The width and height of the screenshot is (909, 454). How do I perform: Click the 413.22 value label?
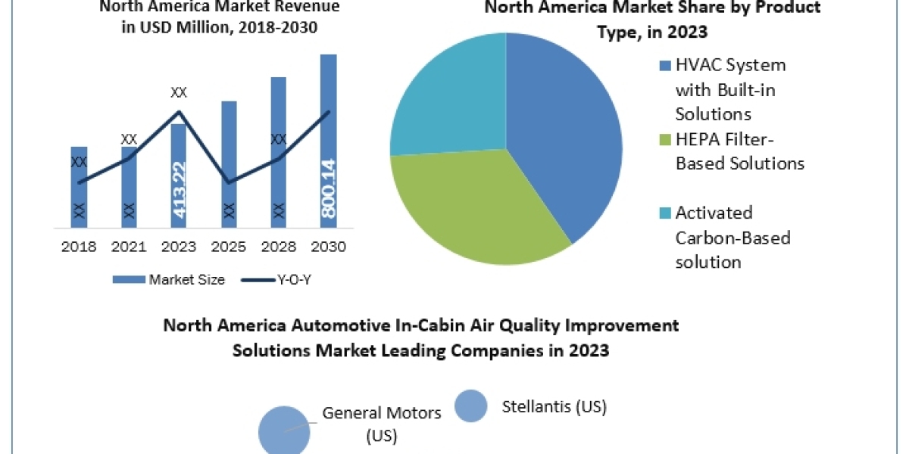[x=179, y=190]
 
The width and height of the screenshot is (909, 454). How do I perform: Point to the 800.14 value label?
[x=328, y=189]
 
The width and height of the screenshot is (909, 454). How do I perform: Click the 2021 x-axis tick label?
[x=129, y=247]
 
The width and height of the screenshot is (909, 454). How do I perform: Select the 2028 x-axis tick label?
[x=278, y=247]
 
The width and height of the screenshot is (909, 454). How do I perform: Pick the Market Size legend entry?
[x=168, y=280]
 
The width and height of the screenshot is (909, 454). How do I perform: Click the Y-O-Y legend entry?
[x=277, y=280]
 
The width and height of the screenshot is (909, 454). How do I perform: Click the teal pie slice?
[x=447, y=98]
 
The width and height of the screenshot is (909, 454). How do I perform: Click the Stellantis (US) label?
[x=554, y=407]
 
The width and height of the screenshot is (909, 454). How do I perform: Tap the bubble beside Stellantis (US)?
[x=470, y=406]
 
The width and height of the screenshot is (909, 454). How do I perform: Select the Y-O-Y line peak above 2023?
[x=179, y=112]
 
